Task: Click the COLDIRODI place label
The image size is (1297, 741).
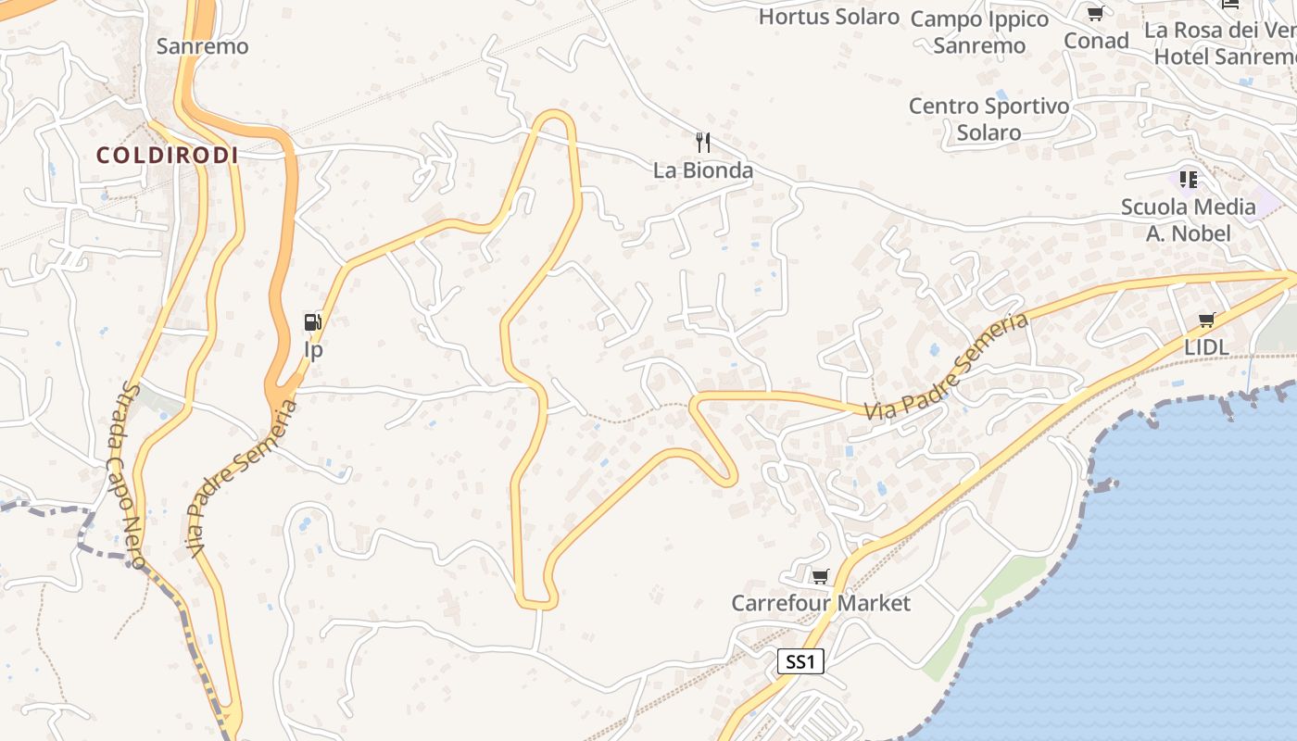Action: click(x=168, y=156)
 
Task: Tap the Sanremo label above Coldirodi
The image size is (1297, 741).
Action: click(x=202, y=46)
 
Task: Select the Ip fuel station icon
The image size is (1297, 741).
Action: click(x=313, y=322)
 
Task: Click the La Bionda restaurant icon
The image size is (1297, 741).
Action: click(x=703, y=143)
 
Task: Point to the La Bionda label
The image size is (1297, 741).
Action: click(x=703, y=170)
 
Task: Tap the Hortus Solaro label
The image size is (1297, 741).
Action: click(x=829, y=17)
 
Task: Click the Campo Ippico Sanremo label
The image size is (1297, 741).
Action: click(x=979, y=32)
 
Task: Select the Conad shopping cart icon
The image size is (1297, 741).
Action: click(x=1096, y=13)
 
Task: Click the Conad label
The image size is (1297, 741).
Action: click(x=1096, y=41)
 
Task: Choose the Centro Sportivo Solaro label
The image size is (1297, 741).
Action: click(x=988, y=119)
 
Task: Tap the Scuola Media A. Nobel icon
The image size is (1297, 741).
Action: click(x=1189, y=179)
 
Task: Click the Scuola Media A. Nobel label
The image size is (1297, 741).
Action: click(x=1189, y=220)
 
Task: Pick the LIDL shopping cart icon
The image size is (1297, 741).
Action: click(x=1206, y=320)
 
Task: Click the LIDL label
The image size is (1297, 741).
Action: click(x=1206, y=347)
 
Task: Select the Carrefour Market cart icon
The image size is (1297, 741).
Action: click(x=820, y=577)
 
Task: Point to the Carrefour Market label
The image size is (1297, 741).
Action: click(x=821, y=604)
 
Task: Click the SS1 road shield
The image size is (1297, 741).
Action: click(x=800, y=661)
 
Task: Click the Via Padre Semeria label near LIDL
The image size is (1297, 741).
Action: click(x=947, y=366)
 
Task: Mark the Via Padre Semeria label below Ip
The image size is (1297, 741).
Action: click(x=243, y=479)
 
